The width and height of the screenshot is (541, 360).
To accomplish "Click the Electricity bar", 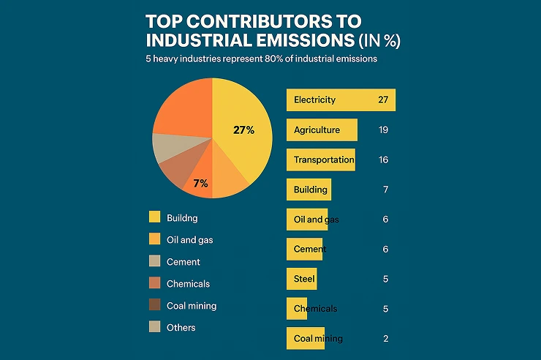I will tap(341, 100).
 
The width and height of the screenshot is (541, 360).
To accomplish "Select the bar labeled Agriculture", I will tap(322, 130).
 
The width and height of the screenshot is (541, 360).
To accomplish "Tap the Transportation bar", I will tap(320, 160).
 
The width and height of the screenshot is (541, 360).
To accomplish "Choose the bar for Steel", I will tap(301, 279).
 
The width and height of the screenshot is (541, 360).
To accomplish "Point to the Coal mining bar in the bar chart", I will tap(305, 338).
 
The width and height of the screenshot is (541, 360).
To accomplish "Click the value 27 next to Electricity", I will tap(383, 100).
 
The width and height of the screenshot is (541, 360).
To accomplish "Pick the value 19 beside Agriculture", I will tap(383, 130).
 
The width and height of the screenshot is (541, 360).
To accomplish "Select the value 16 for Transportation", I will tap(383, 160).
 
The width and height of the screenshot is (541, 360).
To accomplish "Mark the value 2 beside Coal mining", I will tap(385, 338).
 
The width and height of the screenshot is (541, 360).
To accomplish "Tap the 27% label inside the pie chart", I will tap(243, 130).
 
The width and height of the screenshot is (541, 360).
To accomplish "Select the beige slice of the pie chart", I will tap(167, 148).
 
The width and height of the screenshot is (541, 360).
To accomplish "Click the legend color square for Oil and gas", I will tap(154, 239).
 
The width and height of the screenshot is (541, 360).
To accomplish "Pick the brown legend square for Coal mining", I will tap(154, 305).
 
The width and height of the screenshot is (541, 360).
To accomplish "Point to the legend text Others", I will tap(181, 328).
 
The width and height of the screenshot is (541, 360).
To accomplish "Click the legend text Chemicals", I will tap(188, 284).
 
